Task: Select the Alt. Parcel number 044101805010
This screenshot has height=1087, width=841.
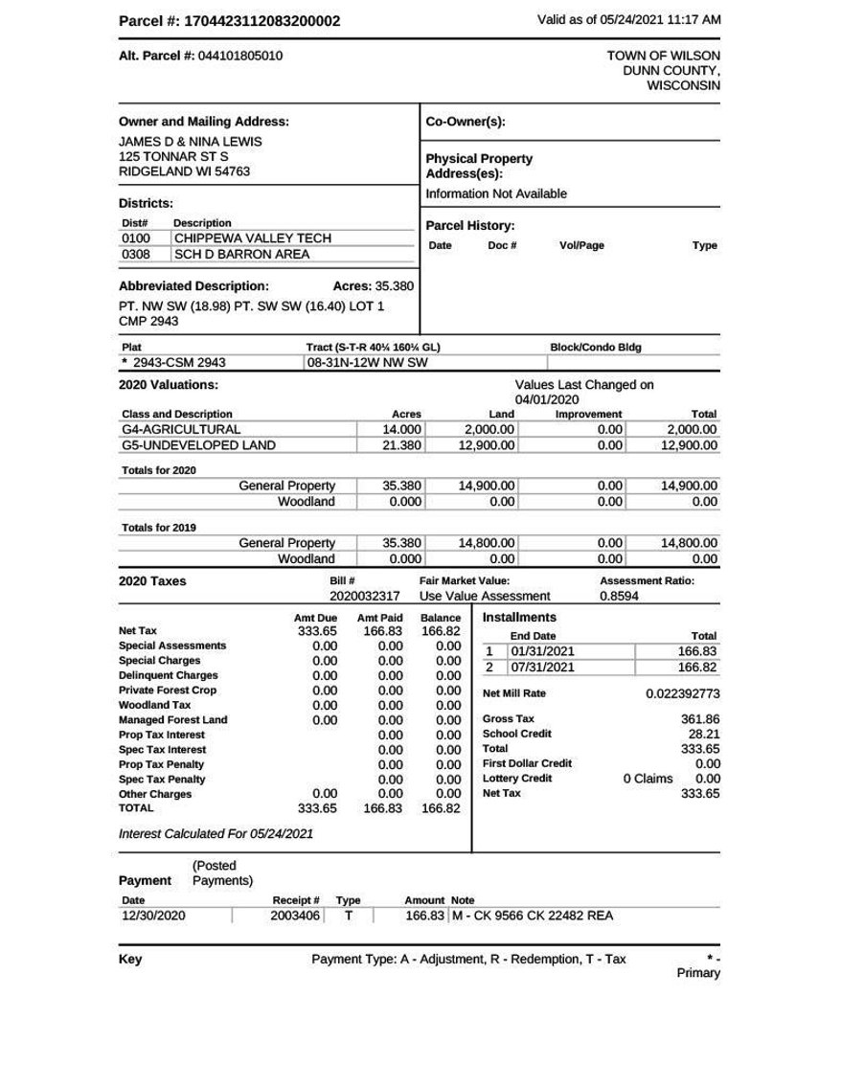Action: coord(240,57)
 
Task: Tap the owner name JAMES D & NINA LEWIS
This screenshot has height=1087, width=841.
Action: coord(190,141)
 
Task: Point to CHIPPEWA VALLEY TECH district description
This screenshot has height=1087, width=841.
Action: coord(252,238)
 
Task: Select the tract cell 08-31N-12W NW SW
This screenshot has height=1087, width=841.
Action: coord(367,363)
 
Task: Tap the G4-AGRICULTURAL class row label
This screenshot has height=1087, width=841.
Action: coord(181,430)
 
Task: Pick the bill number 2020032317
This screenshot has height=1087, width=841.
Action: coord(364,596)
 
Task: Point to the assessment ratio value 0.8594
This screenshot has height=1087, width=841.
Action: coord(619,596)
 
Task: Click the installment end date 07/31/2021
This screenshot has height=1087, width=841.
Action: coord(543,668)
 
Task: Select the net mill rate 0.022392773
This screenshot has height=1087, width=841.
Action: coord(682,693)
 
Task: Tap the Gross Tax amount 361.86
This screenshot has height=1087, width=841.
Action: coord(700,719)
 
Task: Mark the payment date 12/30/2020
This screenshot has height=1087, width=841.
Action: coord(153,916)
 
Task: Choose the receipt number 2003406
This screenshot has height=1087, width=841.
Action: coord(294,916)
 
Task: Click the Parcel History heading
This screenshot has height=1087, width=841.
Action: coord(470,226)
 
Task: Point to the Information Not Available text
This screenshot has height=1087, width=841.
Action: coord(496,193)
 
